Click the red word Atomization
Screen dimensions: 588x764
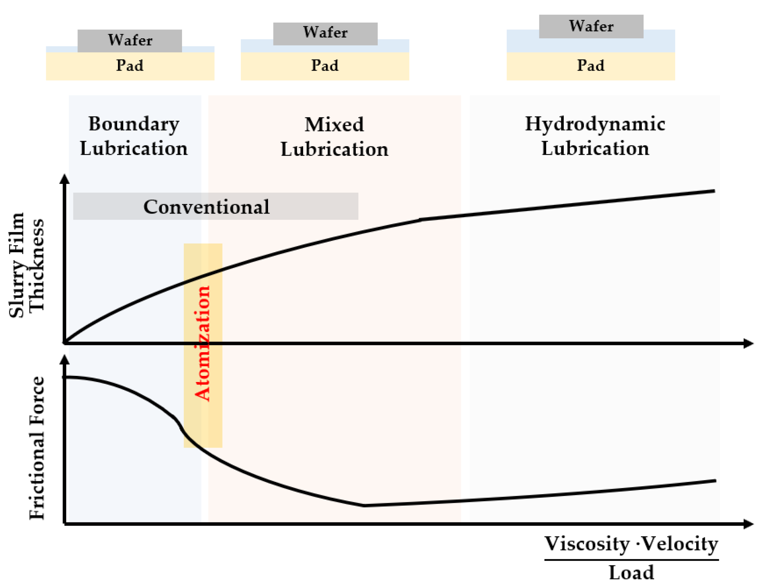click(x=202, y=343)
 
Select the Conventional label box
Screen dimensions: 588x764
click(x=215, y=206)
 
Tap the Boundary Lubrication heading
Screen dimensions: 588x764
click(x=134, y=136)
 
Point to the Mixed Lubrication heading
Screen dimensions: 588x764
click(x=334, y=137)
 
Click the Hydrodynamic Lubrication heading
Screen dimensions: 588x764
click(x=595, y=136)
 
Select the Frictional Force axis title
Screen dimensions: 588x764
click(x=37, y=448)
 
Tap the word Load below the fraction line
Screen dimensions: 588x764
click(x=631, y=573)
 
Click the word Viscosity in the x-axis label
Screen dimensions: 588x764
click(x=587, y=544)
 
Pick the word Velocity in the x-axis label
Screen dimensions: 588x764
click(x=679, y=544)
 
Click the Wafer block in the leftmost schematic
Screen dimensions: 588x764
click(x=130, y=40)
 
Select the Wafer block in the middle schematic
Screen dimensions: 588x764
click(x=325, y=33)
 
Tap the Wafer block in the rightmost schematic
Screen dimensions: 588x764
click(x=591, y=26)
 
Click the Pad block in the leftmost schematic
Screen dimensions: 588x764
click(x=130, y=66)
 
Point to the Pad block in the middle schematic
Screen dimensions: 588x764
click(x=325, y=66)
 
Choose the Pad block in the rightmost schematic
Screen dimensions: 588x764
click(x=591, y=66)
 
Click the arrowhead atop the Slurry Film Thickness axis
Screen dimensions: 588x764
click(x=65, y=179)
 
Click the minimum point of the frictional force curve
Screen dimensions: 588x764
click(x=363, y=506)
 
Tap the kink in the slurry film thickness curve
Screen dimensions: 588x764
click(x=421, y=219)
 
